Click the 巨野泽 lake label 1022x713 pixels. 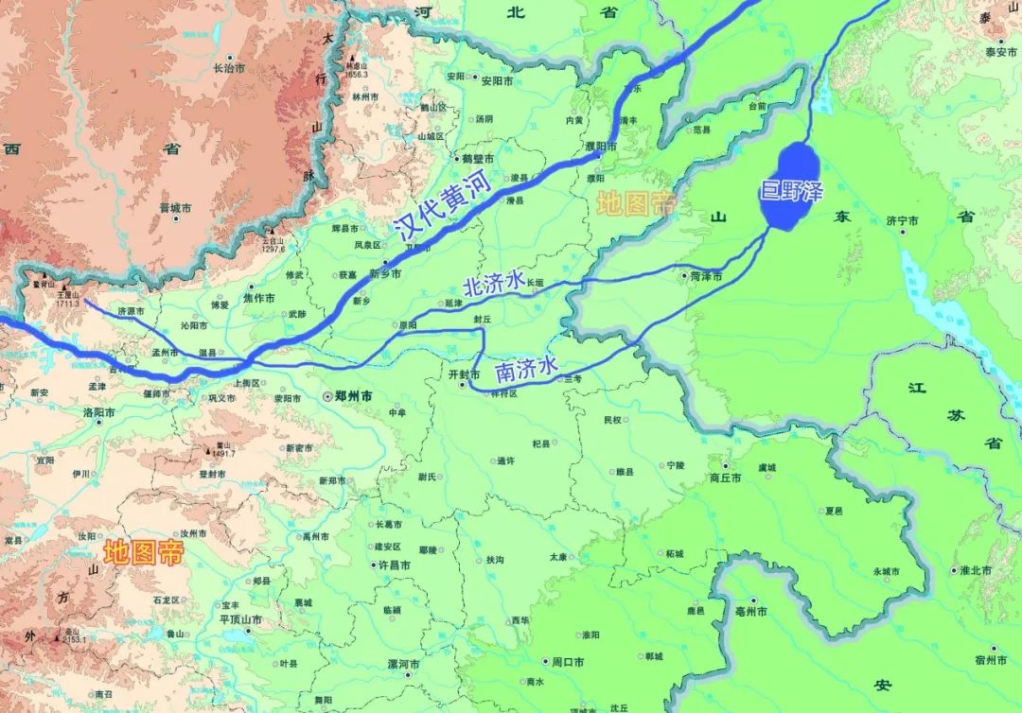(x=792, y=192)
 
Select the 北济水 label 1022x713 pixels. (x=493, y=283)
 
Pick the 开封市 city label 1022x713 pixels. (x=465, y=374)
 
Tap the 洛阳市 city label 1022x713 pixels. (x=99, y=413)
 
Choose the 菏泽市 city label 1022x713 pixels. (x=706, y=277)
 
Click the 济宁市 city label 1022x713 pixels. (x=903, y=220)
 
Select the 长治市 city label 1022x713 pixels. (x=229, y=68)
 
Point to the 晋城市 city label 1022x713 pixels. (x=176, y=207)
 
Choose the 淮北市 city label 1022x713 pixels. (x=975, y=570)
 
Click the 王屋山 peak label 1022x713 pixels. (x=68, y=293)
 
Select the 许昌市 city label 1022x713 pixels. (x=393, y=565)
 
